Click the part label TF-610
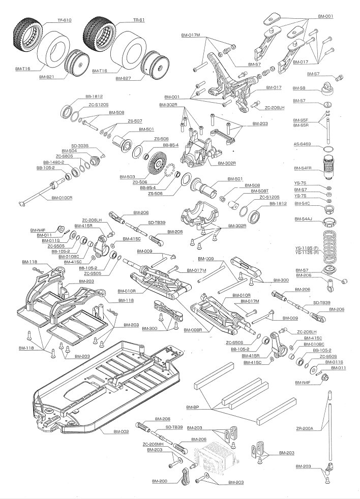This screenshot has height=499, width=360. pos(65,20)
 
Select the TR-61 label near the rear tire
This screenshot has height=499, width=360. pos(139,20)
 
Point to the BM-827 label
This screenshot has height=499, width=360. pos(123,78)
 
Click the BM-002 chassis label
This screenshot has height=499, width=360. pos(122,432)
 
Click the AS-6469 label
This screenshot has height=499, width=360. pos(302,144)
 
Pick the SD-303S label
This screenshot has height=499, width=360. pos(80,145)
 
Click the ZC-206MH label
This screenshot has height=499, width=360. pos(153,444)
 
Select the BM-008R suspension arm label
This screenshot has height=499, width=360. pos(193,330)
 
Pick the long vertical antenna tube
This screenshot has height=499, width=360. pos(329,427)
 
